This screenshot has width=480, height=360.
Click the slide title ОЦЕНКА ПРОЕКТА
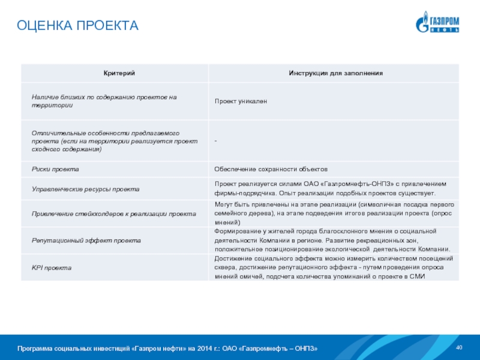(77, 26)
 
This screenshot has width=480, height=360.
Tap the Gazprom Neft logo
(438, 22)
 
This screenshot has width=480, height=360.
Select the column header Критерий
(113, 73)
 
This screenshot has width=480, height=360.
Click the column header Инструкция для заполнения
(335, 73)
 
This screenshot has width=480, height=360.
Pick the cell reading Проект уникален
(241, 101)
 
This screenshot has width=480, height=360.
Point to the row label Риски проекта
(55, 170)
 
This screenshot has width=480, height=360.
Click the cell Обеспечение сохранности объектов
(271, 170)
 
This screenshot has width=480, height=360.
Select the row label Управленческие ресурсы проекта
(85, 189)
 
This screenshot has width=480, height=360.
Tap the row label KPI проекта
(52, 267)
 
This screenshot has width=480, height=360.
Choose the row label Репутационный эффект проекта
(86, 240)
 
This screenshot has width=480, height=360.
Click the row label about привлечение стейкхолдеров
(114, 214)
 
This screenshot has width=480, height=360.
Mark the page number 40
(460, 348)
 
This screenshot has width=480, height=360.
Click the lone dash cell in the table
(216, 140)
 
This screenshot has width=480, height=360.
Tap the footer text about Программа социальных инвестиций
(167, 349)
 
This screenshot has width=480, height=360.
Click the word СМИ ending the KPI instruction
(418, 276)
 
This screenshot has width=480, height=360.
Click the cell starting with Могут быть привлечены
(334, 213)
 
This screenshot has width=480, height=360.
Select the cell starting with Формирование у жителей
(334, 240)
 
